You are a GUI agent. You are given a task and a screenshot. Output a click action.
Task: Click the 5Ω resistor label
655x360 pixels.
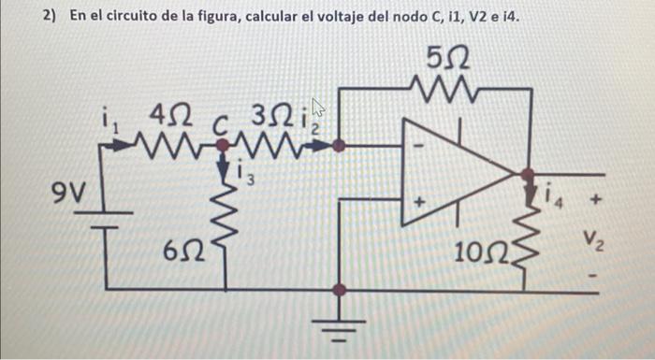click(448, 58)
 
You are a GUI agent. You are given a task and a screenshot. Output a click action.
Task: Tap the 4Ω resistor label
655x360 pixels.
click(170, 118)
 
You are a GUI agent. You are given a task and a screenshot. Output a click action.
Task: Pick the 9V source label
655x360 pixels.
click(67, 197)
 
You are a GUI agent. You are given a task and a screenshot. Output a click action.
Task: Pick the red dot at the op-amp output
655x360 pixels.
click(527, 173)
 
